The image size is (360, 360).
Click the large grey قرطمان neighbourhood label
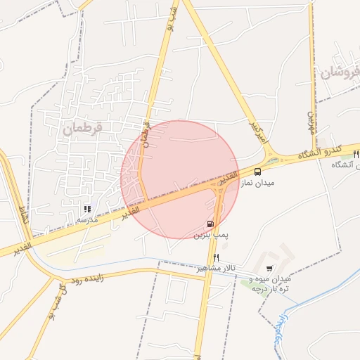(x=83, y=129)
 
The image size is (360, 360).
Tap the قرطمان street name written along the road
(x=146, y=130)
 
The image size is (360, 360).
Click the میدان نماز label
(x=257, y=182)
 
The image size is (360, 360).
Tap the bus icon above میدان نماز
(x=257, y=171)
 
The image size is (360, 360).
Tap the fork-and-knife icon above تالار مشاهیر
(x=217, y=257)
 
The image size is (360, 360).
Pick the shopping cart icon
(x=270, y=268)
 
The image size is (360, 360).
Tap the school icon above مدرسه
(x=87, y=209)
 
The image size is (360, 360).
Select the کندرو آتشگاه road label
(x=318, y=153)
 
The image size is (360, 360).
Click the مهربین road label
(x=310, y=123)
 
